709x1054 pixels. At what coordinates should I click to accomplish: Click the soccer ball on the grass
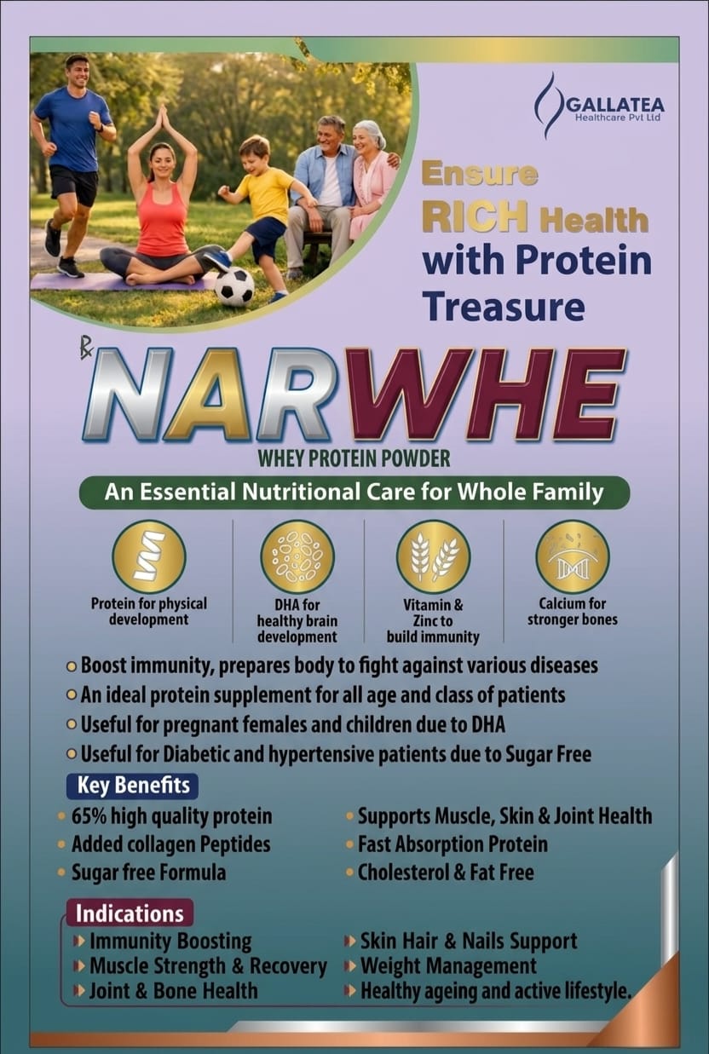pyautogui.click(x=233, y=286)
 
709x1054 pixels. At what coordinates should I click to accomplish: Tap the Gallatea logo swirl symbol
pyautogui.click(x=549, y=106)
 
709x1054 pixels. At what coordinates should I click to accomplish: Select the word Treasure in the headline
pyautogui.click(x=504, y=306)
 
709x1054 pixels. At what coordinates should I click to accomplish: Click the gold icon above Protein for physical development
pyautogui.click(x=148, y=556)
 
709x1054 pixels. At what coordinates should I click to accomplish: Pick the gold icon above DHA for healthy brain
pyautogui.click(x=297, y=556)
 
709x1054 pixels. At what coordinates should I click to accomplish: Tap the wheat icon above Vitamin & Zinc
pyautogui.click(x=433, y=556)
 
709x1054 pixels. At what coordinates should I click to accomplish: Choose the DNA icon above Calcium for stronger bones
pyautogui.click(x=573, y=556)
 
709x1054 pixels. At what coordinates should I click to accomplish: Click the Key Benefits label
pyautogui.click(x=132, y=786)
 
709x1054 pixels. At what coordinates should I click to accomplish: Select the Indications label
pyautogui.click(x=130, y=913)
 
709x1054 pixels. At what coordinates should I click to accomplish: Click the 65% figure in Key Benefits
pyautogui.click(x=89, y=817)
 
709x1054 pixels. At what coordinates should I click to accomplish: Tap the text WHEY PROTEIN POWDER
pyautogui.click(x=354, y=459)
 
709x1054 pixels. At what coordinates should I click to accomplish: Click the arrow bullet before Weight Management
pyautogui.click(x=350, y=966)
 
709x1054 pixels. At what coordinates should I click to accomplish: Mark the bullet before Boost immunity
pyautogui.click(x=72, y=667)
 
